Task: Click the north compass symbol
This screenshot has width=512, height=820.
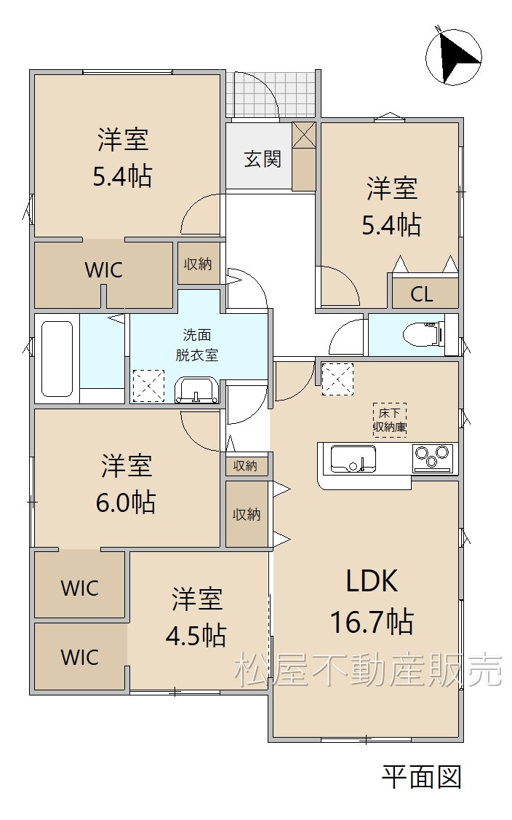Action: click(454, 57)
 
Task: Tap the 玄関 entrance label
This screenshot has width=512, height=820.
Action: click(263, 159)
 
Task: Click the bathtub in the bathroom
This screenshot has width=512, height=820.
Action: click(57, 359)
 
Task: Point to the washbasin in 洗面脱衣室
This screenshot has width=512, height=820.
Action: click(197, 390)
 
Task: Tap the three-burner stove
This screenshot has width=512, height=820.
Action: click(433, 457)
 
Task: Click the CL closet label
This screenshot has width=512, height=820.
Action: click(422, 294)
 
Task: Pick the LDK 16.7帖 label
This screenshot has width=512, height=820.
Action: click(372, 602)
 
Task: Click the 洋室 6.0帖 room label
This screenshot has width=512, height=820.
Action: click(126, 484)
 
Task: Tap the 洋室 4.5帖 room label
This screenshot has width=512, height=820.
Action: click(196, 618)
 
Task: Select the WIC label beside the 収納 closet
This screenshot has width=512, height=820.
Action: click(103, 270)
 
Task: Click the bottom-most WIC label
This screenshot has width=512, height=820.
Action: click(79, 658)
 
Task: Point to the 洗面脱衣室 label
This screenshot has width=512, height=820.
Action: click(196, 344)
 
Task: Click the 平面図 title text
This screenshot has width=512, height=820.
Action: click(422, 777)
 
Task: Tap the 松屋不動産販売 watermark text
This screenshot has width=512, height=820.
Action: click(368, 670)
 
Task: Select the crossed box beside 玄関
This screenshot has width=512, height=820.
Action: click(303, 135)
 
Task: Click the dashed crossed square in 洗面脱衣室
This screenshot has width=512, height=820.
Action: click(148, 387)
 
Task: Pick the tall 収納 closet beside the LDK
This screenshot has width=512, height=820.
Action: click(247, 514)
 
